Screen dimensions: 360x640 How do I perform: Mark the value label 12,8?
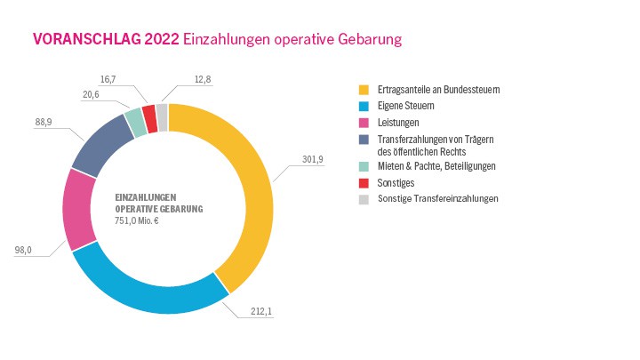point(203,80)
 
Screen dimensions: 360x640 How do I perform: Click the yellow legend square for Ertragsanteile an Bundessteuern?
point(364,91)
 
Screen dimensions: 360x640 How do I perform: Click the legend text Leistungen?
point(398,121)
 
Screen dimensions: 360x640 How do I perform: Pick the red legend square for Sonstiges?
point(364,182)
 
